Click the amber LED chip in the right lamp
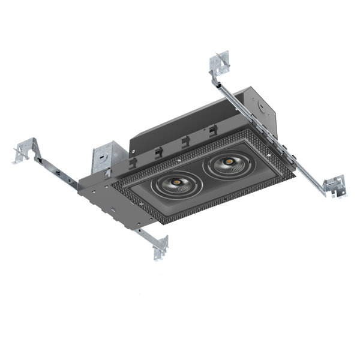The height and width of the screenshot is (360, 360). click(x=229, y=161)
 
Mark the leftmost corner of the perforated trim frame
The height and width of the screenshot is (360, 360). click(x=115, y=179)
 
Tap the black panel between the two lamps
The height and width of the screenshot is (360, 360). click(x=202, y=174)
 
